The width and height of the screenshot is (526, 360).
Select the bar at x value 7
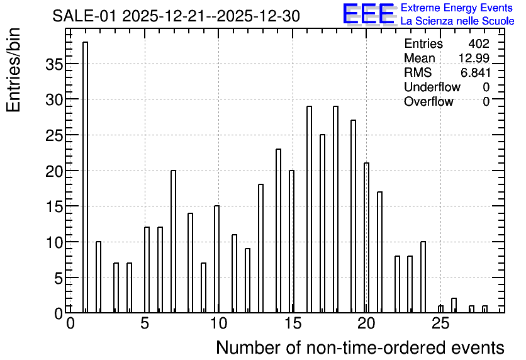pyautogui.click(x=174, y=242)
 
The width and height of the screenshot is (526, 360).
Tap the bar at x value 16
pyautogui.click(x=309, y=210)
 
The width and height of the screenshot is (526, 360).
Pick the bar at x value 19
pyautogui.click(x=353, y=217)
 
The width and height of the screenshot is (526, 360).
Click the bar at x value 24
pyautogui.click(x=423, y=277)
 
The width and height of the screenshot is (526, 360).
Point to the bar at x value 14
pyautogui.click(x=278, y=231)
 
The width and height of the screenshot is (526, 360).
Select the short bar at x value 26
pyautogui.click(x=454, y=305)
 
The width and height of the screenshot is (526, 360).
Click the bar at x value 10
pyautogui.click(x=216, y=259)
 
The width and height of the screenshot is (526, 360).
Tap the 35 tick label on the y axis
pyautogui.click(x=54, y=64)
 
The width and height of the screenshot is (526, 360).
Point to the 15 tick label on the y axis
pyautogui.click(x=54, y=206)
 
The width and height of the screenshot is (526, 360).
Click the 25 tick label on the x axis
pyautogui.click(x=440, y=323)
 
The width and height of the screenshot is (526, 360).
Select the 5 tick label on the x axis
pyautogui.click(x=145, y=323)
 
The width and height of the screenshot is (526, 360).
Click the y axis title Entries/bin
pyautogui.click(x=14, y=70)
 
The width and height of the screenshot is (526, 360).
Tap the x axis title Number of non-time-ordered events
pyautogui.click(x=360, y=347)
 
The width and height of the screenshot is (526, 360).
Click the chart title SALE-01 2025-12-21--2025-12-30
pyautogui.click(x=176, y=16)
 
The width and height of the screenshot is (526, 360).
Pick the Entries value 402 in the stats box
pyautogui.click(x=479, y=43)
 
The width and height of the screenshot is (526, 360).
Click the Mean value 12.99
pyautogui.click(x=474, y=58)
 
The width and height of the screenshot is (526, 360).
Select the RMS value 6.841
pyautogui.click(x=475, y=72)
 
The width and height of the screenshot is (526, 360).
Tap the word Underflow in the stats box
pyautogui.click(x=432, y=87)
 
